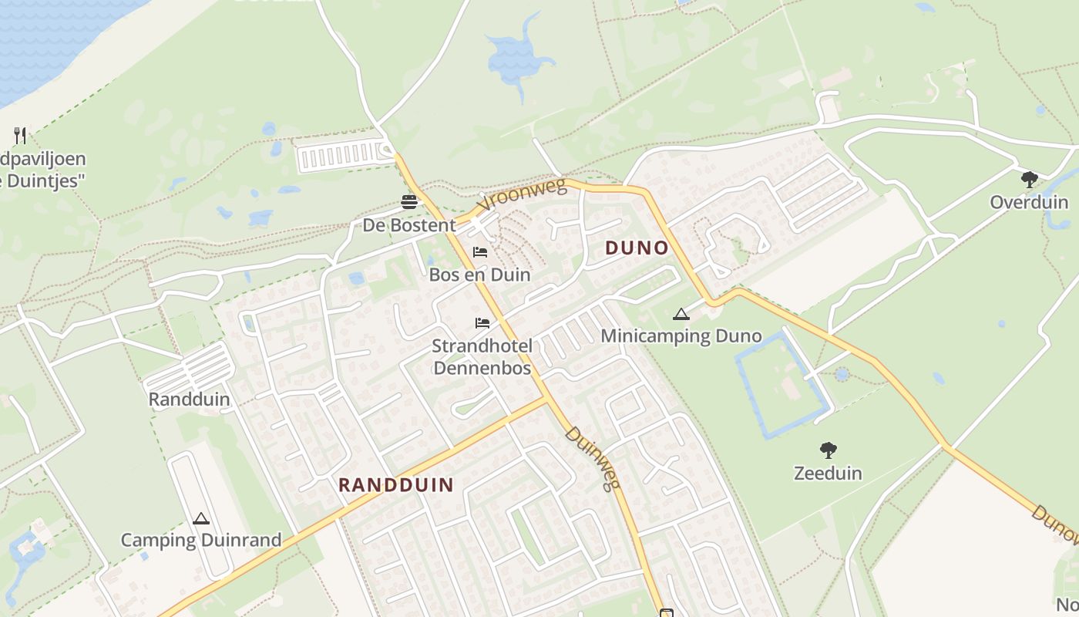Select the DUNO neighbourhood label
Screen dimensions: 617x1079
pos(637,248)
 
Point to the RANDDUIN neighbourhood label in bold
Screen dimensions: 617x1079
pos(396,484)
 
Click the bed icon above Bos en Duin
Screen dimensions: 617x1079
pos(480,252)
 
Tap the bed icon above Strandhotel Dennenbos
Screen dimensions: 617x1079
pos(482,322)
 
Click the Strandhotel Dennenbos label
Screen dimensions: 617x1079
pos(482,356)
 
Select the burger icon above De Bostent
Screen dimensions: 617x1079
pos(409,202)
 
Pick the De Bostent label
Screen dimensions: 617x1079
pos(409,225)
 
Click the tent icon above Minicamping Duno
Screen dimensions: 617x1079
pos(681,314)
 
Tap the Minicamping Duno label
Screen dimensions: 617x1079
pos(681,335)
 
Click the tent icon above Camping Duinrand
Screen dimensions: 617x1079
pos(201,518)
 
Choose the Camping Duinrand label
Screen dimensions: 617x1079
pos(201,540)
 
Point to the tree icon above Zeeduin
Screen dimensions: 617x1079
pos(829,450)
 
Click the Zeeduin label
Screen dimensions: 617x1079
pos(828,473)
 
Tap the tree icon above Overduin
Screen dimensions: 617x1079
pos(1029,180)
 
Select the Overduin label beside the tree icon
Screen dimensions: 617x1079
pos(1029,202)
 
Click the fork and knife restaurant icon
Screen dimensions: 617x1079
pos(21,136)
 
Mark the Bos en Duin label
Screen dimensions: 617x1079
pos(479,274)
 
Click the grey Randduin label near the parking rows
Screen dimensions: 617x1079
pos(189,399)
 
